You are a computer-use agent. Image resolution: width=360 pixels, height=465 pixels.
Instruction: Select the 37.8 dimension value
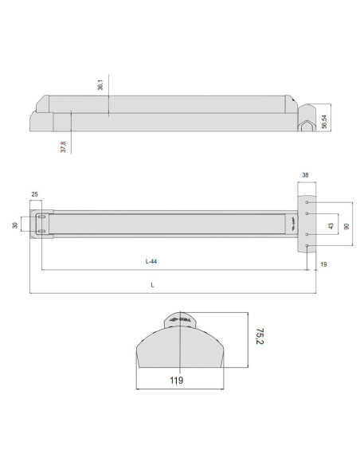63,147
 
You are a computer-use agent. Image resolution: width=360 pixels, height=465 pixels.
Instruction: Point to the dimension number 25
35,193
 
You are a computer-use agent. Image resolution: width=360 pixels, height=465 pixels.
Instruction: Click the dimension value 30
15,225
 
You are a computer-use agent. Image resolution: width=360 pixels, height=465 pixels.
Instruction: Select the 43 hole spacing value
331,225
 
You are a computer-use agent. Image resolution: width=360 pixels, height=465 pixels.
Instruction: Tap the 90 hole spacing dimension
346,225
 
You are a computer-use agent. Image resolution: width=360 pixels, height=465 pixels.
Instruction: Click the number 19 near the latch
323,263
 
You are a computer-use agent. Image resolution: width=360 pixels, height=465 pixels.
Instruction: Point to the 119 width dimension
177,381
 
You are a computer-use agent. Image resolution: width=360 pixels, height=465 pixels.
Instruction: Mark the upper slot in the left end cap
41,217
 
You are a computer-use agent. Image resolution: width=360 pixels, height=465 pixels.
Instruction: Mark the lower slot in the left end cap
41,232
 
